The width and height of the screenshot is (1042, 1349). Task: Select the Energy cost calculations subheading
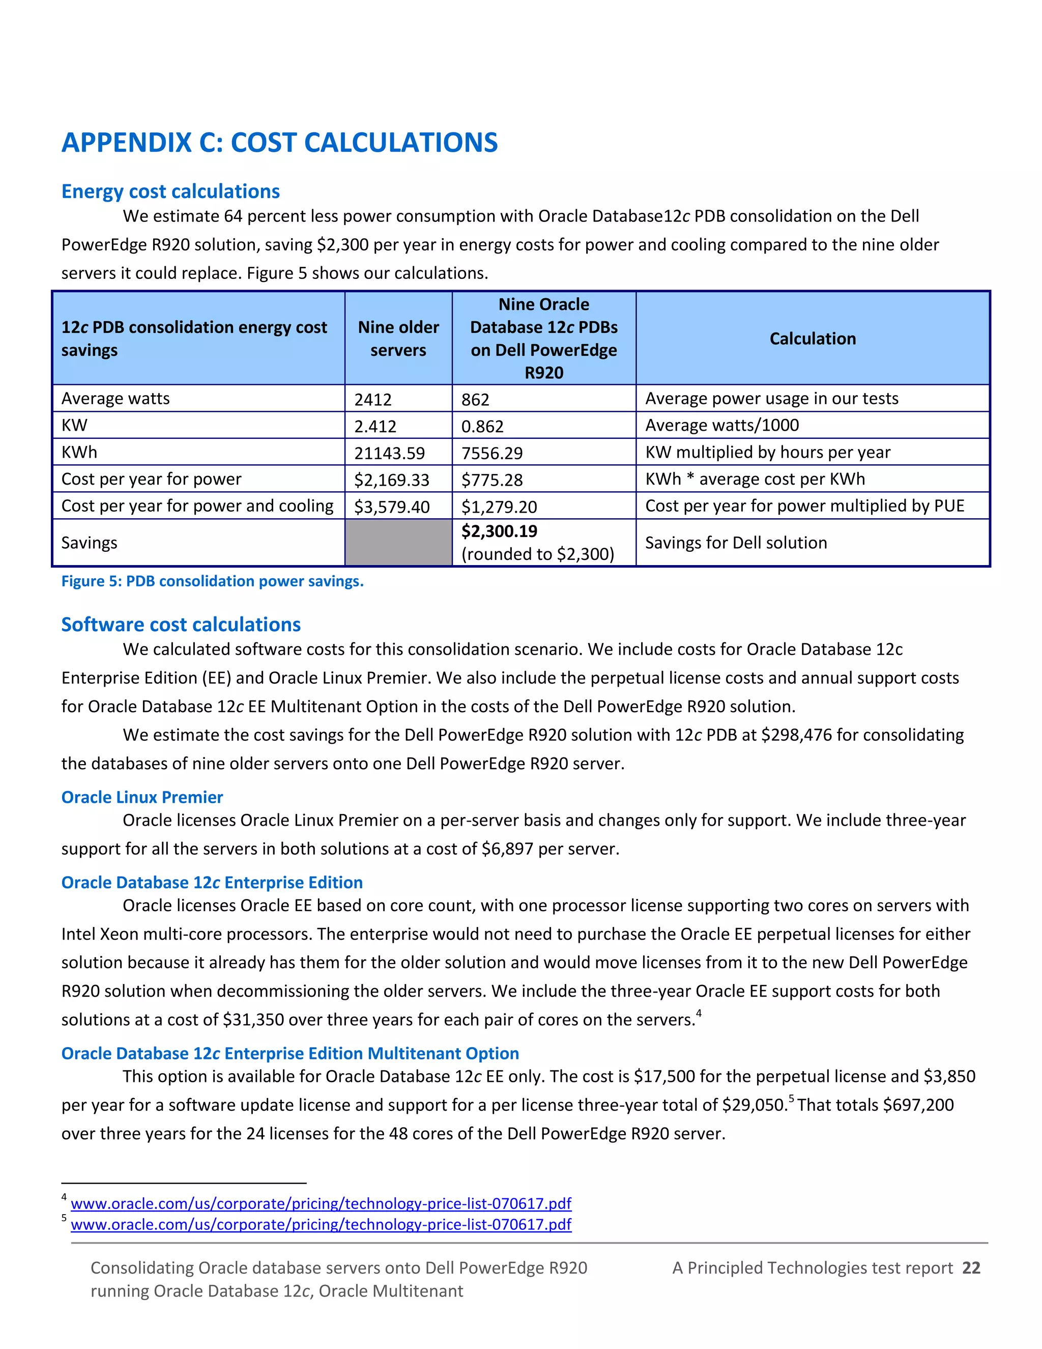pyautogui.click(x=170, y=191)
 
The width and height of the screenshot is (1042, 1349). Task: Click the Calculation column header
pyautogui.click(x=813, y=339)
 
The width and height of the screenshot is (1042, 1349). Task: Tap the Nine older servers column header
pyautogui.click(x=398, y=339)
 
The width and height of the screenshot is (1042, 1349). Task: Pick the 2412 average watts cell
pyautogui.click(x=373, y=400)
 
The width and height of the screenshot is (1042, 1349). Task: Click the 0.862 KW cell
pyautogui.click(x=482, y=426)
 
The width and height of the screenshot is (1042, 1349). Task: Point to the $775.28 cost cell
pyautogui.click(x=492, y=480)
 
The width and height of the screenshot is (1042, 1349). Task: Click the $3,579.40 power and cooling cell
pyautogui.click(x=391, y=507)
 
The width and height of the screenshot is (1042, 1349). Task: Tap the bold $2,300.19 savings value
pyautogui.click(x=500, y=531)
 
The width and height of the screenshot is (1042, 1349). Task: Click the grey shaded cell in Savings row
pyautogui.click(x=398, y=542)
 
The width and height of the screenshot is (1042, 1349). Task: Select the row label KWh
pyautogui.click(x=79, y=453)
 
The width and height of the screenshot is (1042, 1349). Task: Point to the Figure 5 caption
pyautogui.click(x=212, y=581)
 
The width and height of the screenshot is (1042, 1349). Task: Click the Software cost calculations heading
pyautogui.click(x=181, y=625)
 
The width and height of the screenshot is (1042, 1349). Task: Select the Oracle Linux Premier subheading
pyautogui.click(x=142, y=797)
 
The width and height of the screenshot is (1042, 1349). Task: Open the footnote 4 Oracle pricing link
pyautogui.click(x=321, y=1203)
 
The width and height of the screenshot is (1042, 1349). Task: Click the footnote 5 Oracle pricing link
pyautogui.click(x=321, y=1224)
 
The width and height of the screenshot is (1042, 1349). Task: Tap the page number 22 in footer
pyautogui.click(x=971, y=1268)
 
